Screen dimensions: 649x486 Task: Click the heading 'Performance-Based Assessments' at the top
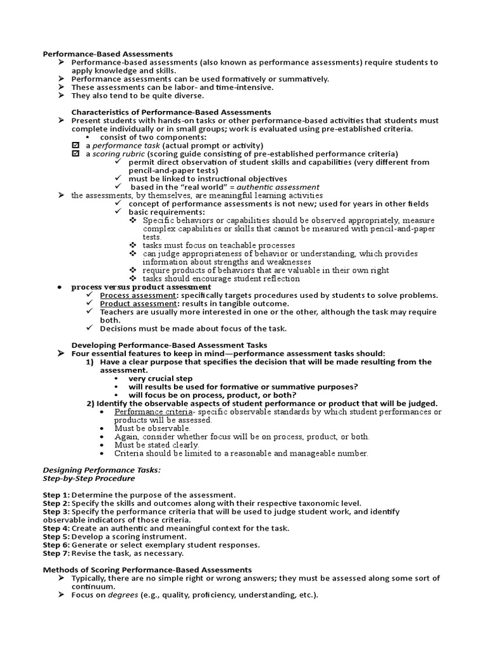108,54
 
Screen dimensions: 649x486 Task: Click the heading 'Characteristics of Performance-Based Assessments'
171,112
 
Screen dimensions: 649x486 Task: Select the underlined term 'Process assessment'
138,295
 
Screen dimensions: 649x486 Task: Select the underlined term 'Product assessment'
138,304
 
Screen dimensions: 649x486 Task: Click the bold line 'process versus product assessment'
141,286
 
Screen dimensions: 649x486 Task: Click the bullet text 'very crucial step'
161,378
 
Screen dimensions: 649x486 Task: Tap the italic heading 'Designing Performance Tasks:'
101,470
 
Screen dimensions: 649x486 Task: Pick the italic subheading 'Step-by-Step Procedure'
89,479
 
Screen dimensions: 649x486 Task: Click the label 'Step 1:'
56,495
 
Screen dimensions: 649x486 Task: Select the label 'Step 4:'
56,528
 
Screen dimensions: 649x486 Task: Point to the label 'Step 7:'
56,553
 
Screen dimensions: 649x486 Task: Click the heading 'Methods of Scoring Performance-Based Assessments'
147,570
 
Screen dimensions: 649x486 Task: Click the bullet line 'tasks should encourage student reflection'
221,278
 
